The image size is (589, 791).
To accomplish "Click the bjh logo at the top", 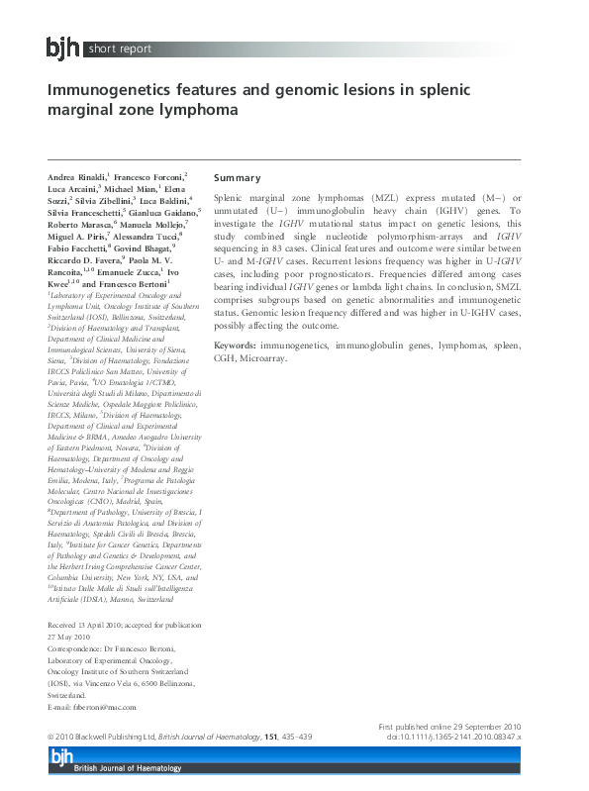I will click(64, 47).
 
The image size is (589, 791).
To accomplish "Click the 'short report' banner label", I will click(121, 48).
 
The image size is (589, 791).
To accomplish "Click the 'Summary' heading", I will click(238, 178).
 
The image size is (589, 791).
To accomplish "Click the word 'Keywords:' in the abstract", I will click(236, 346).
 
